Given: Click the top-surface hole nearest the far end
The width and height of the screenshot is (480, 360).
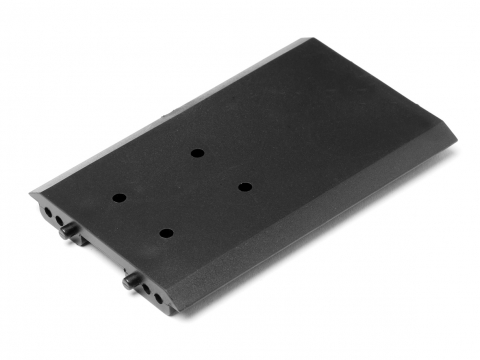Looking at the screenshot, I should click(x=197, y=153).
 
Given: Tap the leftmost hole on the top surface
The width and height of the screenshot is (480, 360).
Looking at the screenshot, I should click(x=118, y=198).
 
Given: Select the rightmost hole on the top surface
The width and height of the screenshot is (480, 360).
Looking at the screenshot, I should click(x=243, y=186).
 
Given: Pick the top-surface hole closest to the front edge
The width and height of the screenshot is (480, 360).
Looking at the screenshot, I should click(x=166, y=233).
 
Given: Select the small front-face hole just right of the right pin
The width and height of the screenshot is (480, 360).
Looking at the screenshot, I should click(x=147, y=289).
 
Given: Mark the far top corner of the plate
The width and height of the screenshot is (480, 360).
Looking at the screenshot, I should click(x=306, y=39).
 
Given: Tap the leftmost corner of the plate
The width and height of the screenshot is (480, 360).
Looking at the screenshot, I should click(x=31, y=193).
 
